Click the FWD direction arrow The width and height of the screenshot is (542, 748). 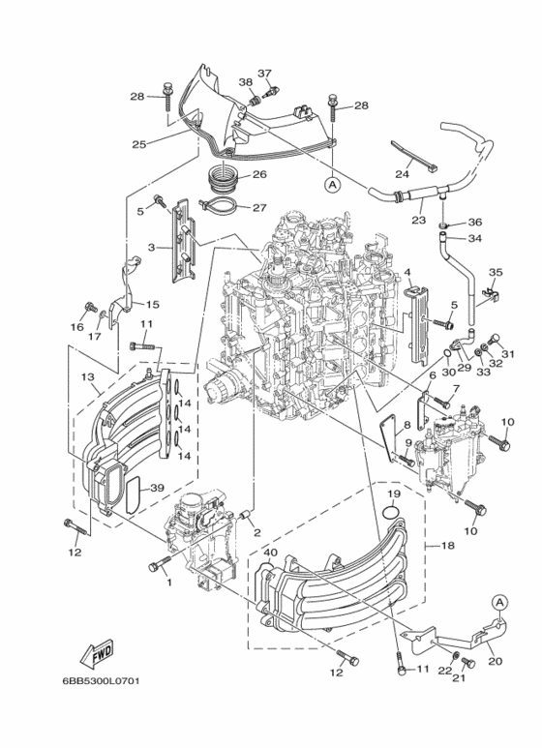(x=99, y=656)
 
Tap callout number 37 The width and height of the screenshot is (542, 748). (x=264, y=74)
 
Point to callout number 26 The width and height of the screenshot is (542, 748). (x=258, y=175)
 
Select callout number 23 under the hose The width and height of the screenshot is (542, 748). (x=418, y=220)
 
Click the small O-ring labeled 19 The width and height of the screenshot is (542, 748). (x=390, y=510)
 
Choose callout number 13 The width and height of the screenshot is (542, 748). (x=87, y=376)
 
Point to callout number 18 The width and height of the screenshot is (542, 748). (x=448, y=546)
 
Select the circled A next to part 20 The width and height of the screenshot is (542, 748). (x=498, y=602)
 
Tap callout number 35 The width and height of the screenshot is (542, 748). (x=496, y=273)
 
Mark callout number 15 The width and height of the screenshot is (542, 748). (x=152, y=305)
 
